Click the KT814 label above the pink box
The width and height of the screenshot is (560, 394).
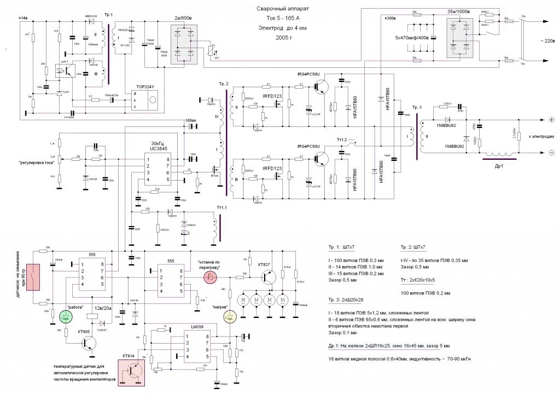click(x=132, y=355)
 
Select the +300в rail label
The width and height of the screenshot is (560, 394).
click(x=391, y=18)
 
